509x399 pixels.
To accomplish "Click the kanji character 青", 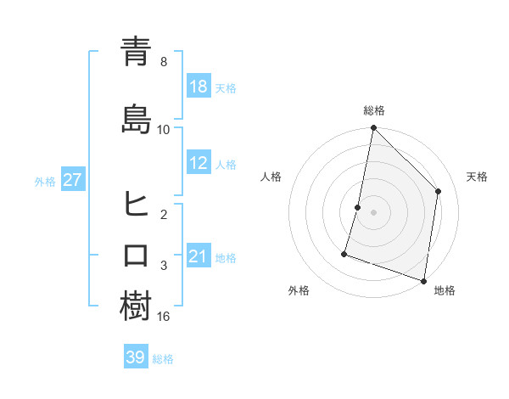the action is click(x=136, y=52).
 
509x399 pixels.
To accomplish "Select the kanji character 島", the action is click(x=136, y=119).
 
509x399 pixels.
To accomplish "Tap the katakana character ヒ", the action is click(x=136, y=204).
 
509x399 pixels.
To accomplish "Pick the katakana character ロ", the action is click(x=136, y=255).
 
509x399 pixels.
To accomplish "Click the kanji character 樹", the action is click(x=136, y=306).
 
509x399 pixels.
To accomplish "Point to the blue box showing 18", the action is click(x=199, y=87).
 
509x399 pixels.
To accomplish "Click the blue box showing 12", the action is click(x=199, y=164).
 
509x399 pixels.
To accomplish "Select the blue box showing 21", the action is click(x=199, y=256).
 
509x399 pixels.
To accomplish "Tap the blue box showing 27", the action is click(x=72, y=180).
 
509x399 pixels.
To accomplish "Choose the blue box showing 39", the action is click(x=136, y=357).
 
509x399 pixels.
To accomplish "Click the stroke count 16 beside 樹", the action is click(x=164, y=317).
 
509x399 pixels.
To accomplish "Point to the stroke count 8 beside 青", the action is click(x=164, y=62).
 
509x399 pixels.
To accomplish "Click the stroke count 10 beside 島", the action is click(x=164, y=130).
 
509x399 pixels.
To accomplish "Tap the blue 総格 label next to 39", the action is click(x=163, y=359).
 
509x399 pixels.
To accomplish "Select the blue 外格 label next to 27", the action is click(x=45, y=181).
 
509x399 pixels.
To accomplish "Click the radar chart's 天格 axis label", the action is click(x=478, y=177).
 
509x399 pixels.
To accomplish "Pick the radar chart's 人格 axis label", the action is click(x=271, y=177).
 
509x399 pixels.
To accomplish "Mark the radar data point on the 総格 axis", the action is click(x=373, y=128).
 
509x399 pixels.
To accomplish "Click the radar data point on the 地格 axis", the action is click(x=423, y=280).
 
